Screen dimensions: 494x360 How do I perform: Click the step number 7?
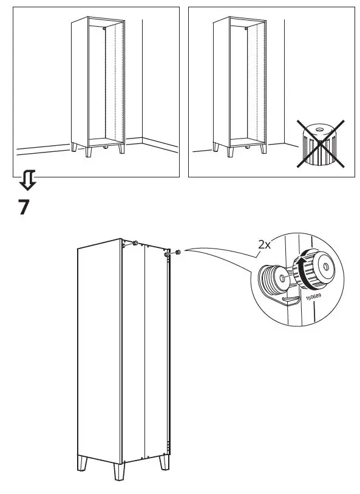[x=23, y=207]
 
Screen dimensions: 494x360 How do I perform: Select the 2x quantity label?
[x=264, y=244]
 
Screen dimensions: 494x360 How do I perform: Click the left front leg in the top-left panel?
[x=74, y=149]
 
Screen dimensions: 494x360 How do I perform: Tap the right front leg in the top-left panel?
[x=120, y=148]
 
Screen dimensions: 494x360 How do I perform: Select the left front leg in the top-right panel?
[x=216, y=148]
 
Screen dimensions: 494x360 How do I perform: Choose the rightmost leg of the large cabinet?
[x=164, y=463]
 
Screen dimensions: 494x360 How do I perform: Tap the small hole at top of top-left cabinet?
[x=105, y=29]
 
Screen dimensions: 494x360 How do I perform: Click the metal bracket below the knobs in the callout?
[x=290, y=300]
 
